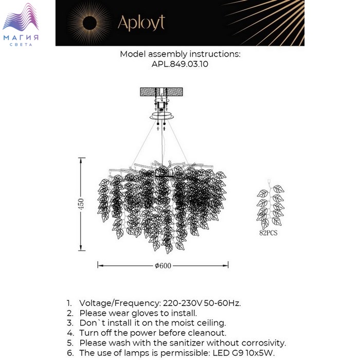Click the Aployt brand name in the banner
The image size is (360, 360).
pyautogui.click(x=141, y=22)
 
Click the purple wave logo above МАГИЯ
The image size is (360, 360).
pyautogui.click(x=21, y=20)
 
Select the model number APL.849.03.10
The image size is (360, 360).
pyautogui.click(x=180, y=64)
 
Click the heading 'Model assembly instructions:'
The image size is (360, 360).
pyautogui.click(x=180, y=54)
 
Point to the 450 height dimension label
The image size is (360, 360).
pyautogui.click(x=80, y=204)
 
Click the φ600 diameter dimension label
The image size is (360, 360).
pyautogui.click(x=163, y=265)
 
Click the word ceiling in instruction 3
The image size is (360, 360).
pyautogui.click(x=211, y=323)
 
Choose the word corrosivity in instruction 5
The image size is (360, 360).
pyautogui.click(x=263, y=343)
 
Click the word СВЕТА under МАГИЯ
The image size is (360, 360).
pyautogui.click(x=21, y=45)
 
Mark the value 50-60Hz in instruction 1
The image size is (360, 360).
pyautogui.click(x=224, y=303)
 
